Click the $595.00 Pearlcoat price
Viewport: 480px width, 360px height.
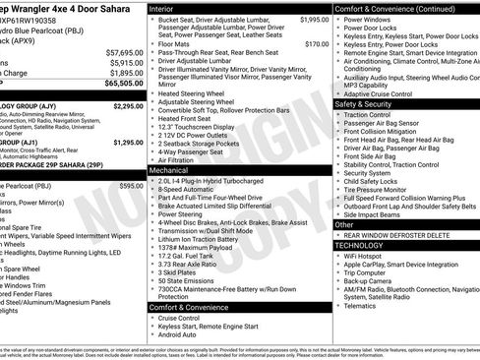click(131, 185)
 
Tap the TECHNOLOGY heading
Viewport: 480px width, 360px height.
click(366, 246)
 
